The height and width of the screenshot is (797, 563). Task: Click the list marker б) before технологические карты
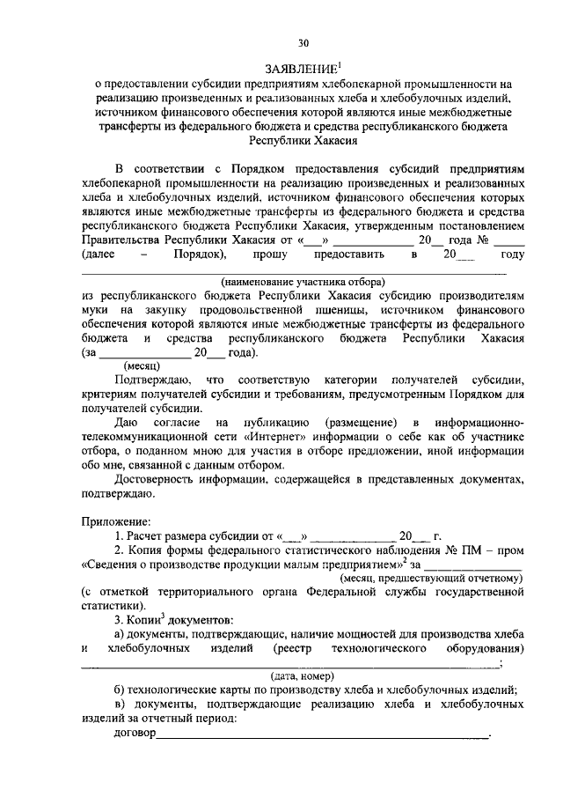pyautogui.click(x=122, y=691)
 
